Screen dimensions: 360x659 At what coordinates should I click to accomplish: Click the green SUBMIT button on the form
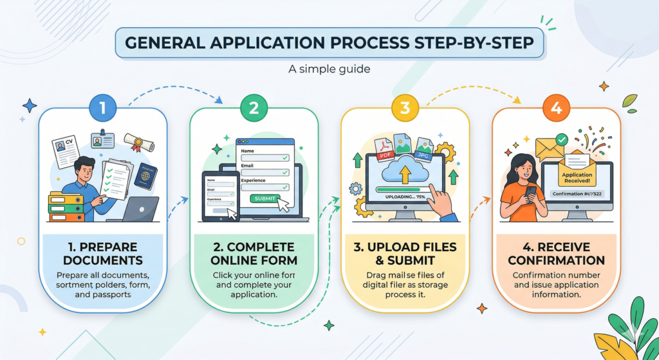click(265, 198)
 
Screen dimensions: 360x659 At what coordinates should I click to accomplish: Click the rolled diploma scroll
click(139, 142)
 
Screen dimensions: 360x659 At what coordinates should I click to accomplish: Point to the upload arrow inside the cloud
click(404, 173)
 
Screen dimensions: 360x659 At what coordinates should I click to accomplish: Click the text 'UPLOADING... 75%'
click(404, 196)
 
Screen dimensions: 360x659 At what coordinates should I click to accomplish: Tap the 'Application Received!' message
click(577, 178)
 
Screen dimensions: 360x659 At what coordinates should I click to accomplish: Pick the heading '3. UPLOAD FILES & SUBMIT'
click(405, 254)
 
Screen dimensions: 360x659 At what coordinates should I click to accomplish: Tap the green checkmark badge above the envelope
click(562, 138)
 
